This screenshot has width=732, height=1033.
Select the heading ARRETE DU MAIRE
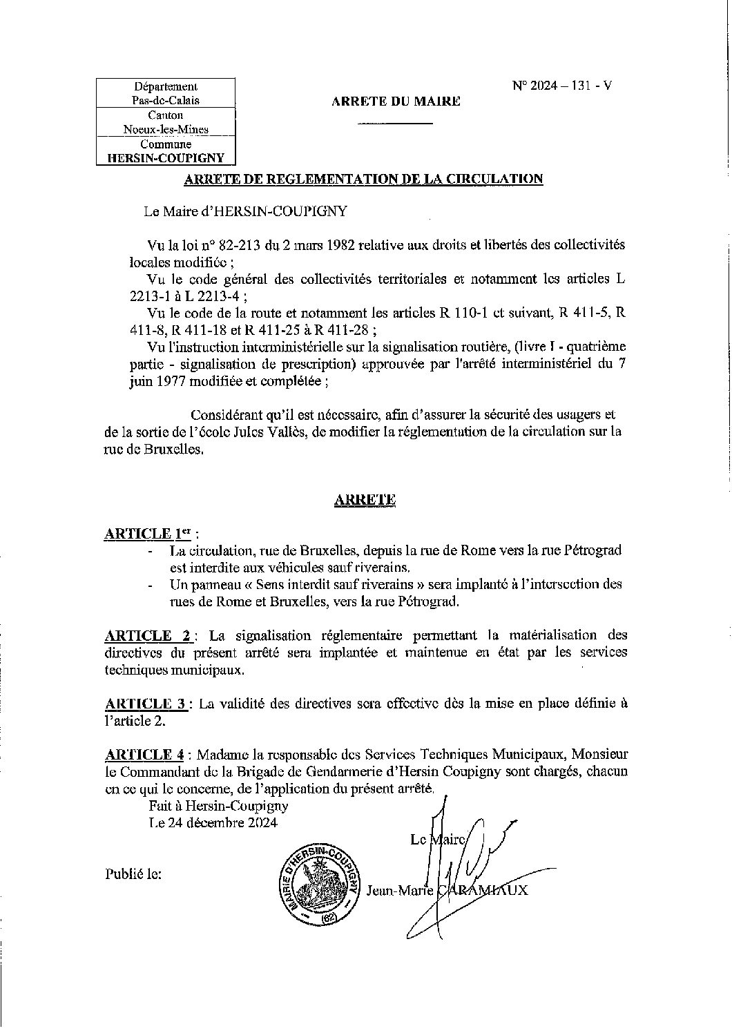coord(396,102)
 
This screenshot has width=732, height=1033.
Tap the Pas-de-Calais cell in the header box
coord(166,100)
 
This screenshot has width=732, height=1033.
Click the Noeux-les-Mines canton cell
coord(166,129)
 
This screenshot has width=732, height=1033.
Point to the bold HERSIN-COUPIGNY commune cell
coord(166,157)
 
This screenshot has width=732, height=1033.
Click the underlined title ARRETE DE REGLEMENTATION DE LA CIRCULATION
coord(363,180)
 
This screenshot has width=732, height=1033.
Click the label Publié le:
coord(134,873)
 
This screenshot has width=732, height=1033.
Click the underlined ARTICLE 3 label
coord(146,704)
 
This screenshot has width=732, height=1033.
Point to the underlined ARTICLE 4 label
coord(146,753)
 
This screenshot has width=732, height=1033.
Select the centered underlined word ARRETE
coord(364,501)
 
